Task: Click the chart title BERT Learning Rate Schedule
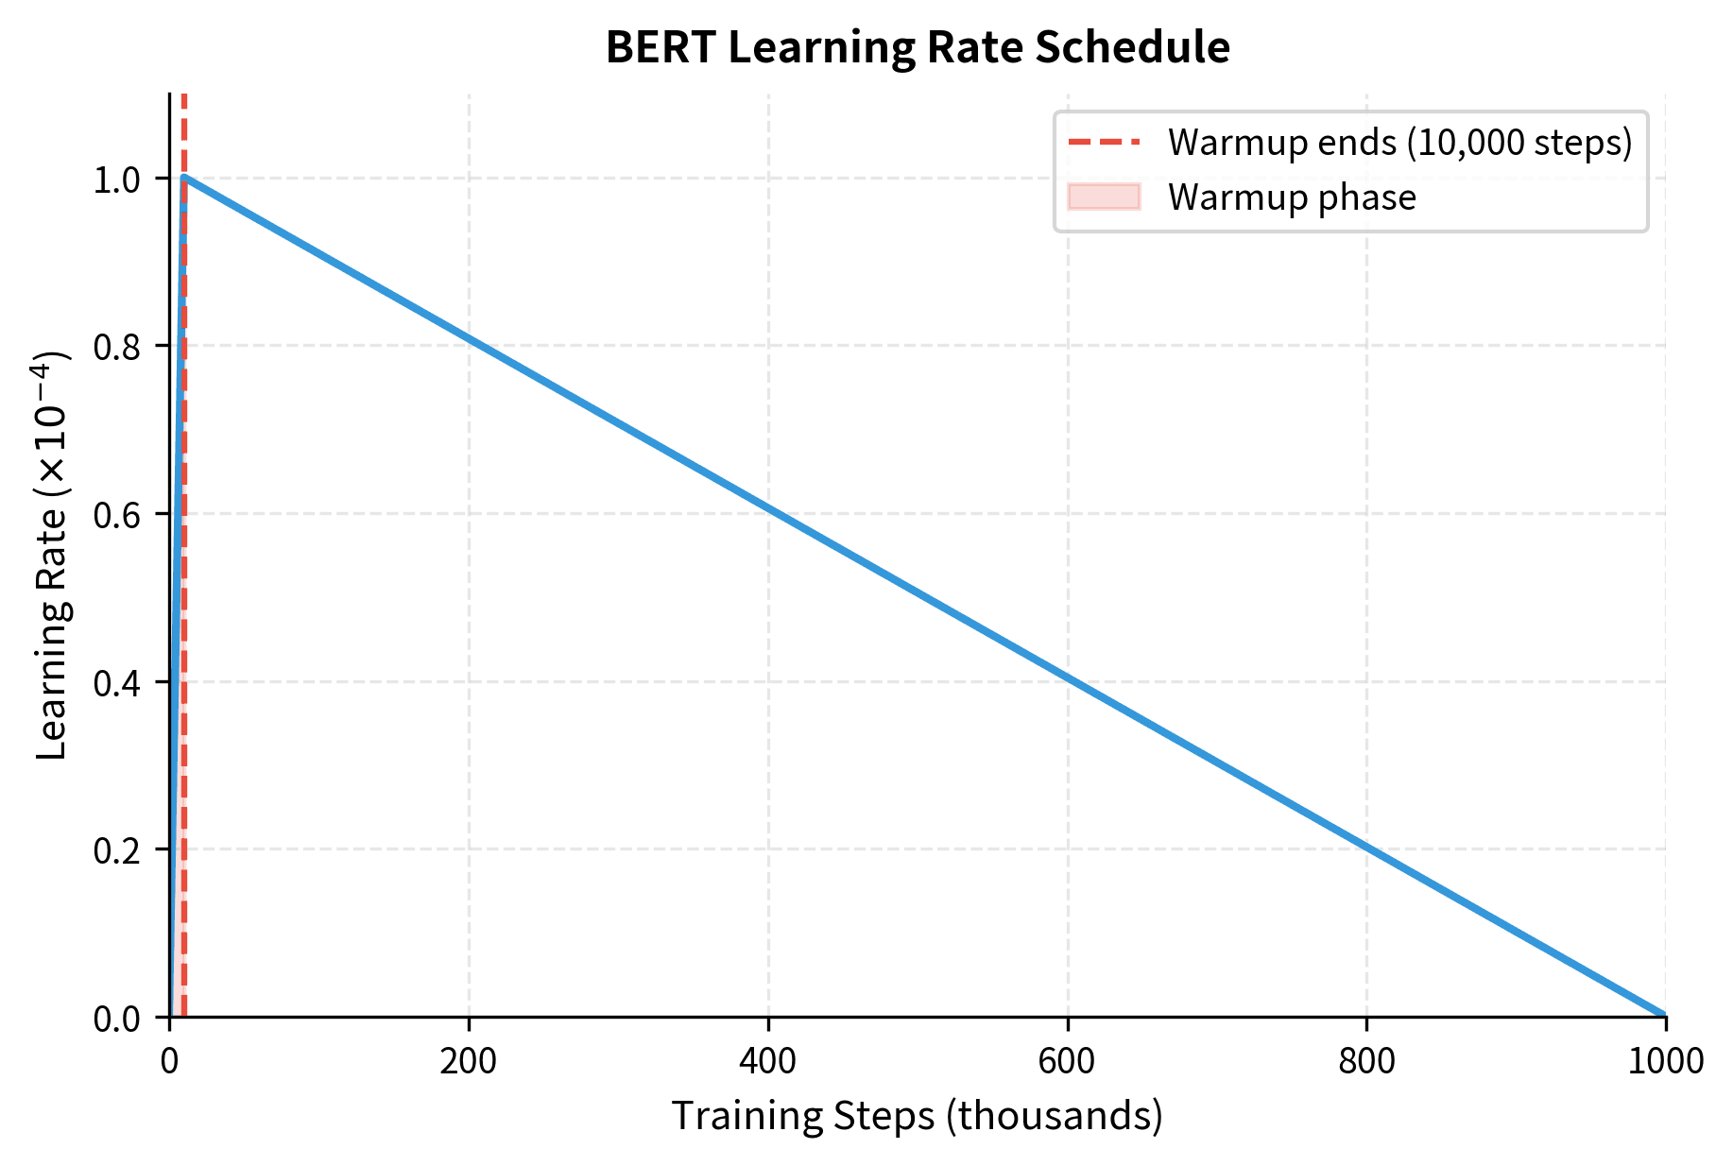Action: [x=917, y=47]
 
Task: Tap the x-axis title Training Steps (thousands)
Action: [x=917, y=1116]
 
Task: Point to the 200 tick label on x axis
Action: [x=468, y=1061]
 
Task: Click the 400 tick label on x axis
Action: [x=767, y=1061]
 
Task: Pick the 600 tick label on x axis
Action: [x=1067, y=1061]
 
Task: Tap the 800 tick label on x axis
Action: [x=1366, y=1061]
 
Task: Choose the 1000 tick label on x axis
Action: [x=1666, y=1061]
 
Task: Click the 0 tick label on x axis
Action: [x=169, y=1061]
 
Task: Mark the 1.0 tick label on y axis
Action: [x=117, y=180]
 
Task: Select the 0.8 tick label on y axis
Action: [x=117, y=347]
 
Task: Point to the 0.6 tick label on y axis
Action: [x=117, y=515]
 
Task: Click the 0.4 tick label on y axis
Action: [x=117, y=682]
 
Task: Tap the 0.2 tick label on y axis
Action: [x=117, y=850]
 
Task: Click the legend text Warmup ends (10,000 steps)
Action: [x=1399, y=143]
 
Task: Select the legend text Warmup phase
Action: [x=1292, y=197]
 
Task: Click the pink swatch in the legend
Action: [x=1104, y=197]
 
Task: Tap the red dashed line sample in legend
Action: [x=1104, y=143]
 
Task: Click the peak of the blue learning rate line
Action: [x=184, y=177]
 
